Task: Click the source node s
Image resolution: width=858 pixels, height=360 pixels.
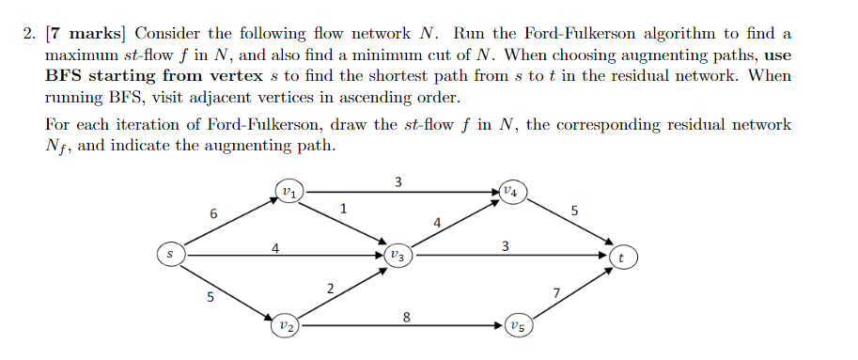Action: pos(169,254)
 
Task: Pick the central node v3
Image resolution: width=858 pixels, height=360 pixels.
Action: pos(397,254)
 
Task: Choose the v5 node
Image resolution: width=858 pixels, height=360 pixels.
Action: pos(517,326)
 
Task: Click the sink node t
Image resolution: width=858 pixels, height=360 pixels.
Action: pos(621,255)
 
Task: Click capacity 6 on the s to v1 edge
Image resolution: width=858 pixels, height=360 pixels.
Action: pos(214,214)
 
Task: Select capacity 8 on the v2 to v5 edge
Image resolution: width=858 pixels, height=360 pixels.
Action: pos(406,317)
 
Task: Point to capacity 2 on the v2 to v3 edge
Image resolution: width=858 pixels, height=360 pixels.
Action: pos(330,288)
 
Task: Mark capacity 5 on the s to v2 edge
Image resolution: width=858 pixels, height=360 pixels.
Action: pos(210,299)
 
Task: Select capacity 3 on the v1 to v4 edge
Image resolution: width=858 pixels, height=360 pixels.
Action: pos(398,181)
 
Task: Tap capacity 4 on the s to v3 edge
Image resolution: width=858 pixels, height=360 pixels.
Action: pos(275,248)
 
